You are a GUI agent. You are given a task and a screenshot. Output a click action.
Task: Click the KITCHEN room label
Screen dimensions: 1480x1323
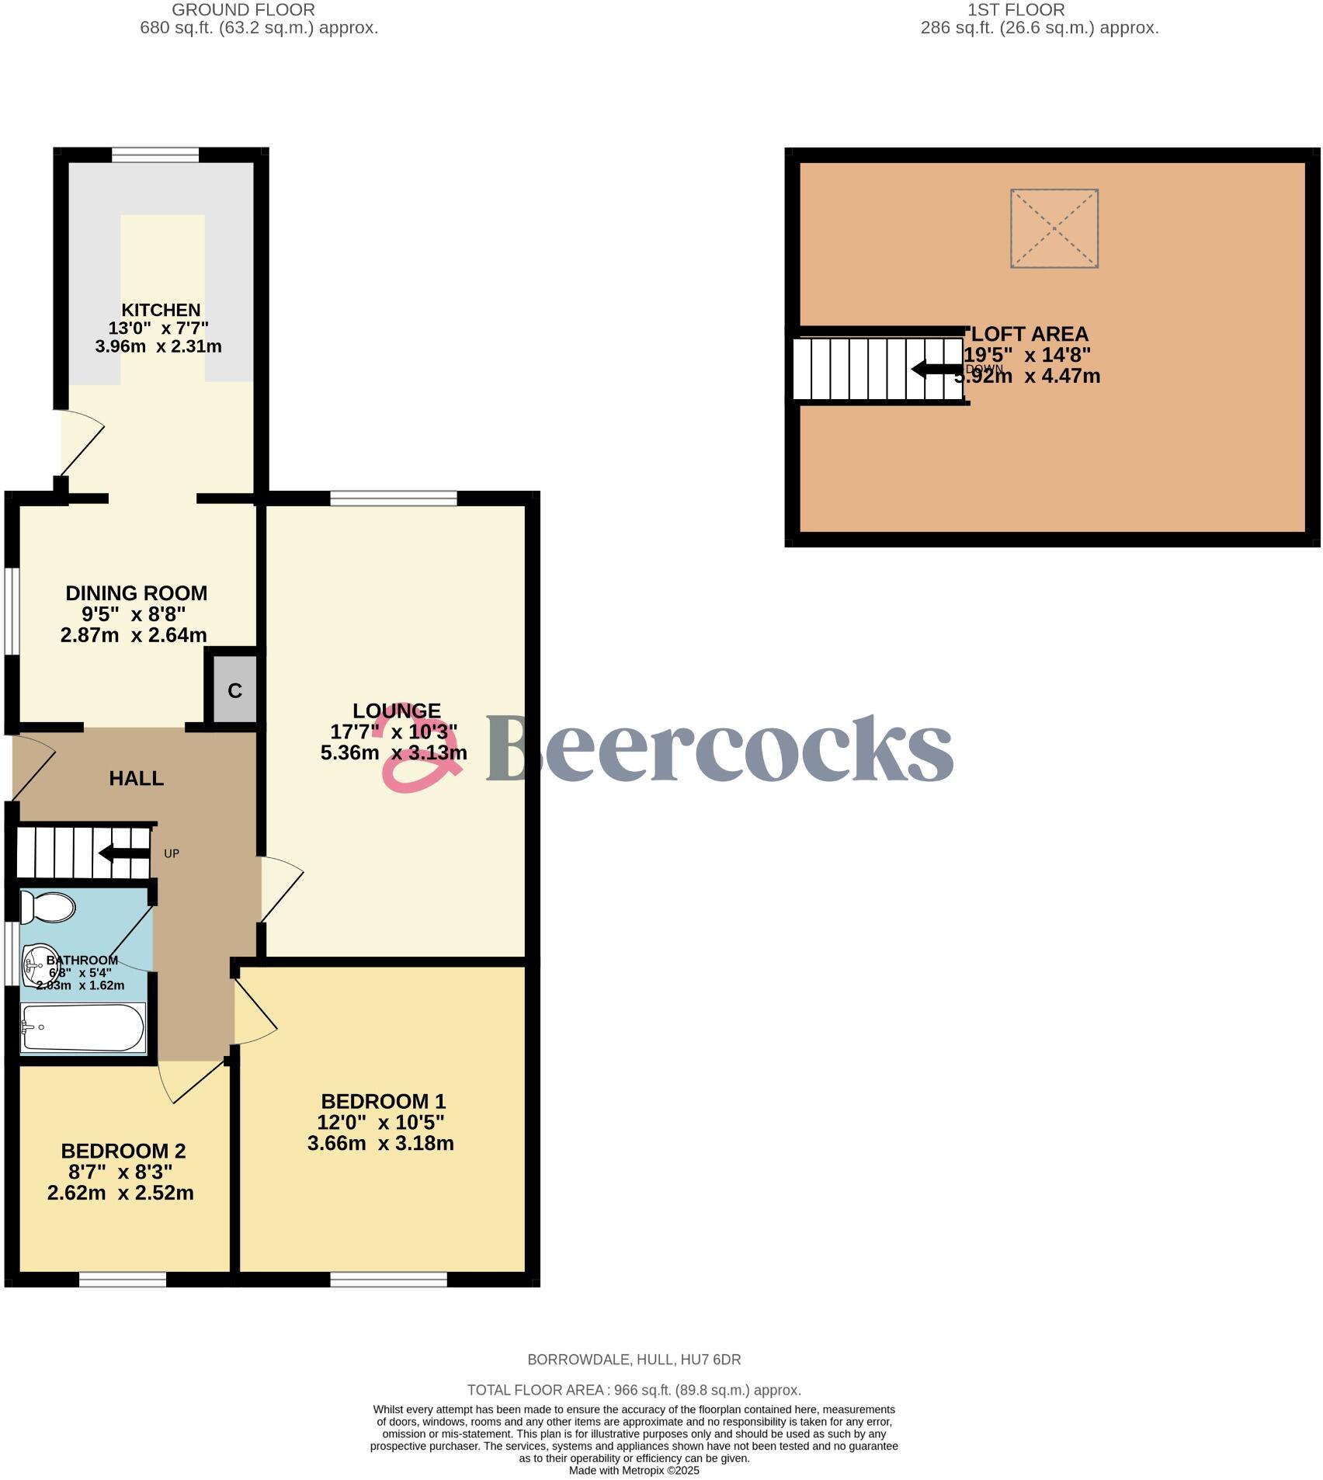(161, 310)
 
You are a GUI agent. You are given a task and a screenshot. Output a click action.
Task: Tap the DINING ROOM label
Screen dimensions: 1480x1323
(137, 593)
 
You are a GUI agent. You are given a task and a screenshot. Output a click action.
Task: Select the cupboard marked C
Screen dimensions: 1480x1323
(234, 690)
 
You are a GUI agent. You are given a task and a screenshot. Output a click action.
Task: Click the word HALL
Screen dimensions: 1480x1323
(137, 778)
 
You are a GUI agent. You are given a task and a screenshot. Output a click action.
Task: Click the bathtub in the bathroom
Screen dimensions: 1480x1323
(82, 1027)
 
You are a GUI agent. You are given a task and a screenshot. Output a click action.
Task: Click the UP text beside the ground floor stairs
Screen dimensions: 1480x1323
(172, 853)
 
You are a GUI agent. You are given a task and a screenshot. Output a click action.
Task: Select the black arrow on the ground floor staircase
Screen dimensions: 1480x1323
(124, 853)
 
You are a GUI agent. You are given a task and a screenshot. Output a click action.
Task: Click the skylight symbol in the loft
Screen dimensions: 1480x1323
(1054, 228)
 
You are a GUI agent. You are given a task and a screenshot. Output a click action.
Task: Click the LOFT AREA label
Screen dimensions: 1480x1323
(1030, 334)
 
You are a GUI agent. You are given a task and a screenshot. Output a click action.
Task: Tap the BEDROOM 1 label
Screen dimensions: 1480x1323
(383, 1101)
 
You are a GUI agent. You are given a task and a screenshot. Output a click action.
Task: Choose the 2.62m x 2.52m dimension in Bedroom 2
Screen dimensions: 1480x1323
(120, 1193)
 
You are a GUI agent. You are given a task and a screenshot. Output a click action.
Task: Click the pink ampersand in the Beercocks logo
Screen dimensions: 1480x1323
(419, 753)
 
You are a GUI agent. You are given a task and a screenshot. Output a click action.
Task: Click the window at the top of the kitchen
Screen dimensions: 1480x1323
(155, 155)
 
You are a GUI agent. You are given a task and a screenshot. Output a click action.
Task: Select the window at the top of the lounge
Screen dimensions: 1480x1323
(394, 499)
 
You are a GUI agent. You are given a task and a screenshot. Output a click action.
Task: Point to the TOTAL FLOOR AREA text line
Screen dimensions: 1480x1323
(634, 1390)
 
